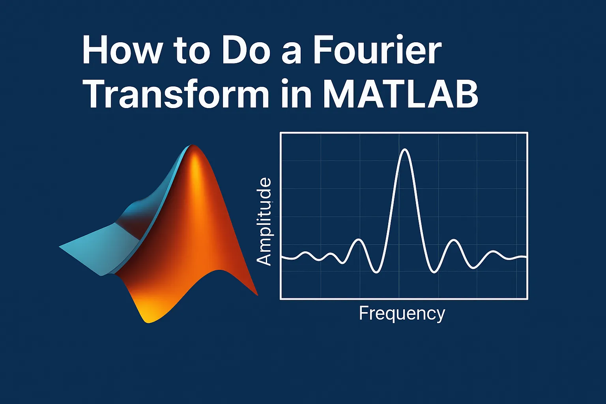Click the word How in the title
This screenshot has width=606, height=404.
(x=122, y=51)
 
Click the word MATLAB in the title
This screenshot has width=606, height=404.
(x=400, y=94)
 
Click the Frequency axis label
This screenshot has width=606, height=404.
(x=402, y=314)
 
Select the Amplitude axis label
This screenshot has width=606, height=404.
(x=264, y=221)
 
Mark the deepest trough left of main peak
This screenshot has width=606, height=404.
(x=376, y=272)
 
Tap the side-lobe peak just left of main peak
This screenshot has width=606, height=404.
(x=359, y=239)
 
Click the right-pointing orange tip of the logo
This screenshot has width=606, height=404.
(x=257, y=295)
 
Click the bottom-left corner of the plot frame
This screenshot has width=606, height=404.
(x=281, y=299)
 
